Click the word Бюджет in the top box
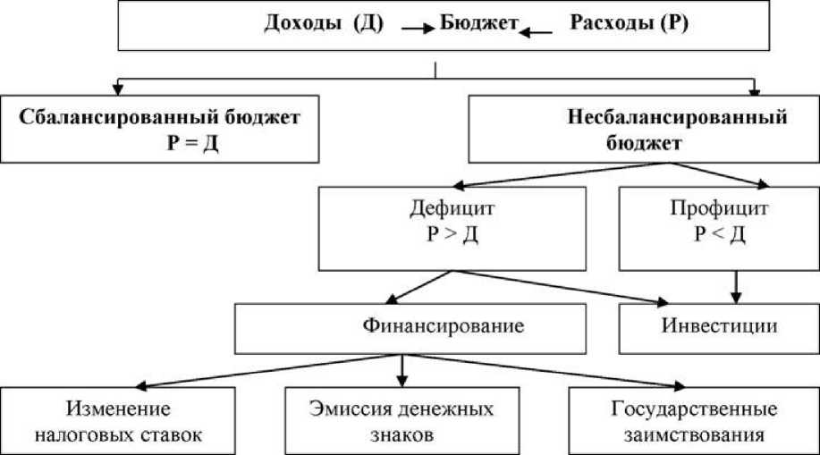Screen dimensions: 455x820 click(479, 25)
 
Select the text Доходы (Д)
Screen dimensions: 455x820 click(324, 25)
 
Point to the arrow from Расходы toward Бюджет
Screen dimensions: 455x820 click(537, 31)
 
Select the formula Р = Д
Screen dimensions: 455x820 click(192, 140)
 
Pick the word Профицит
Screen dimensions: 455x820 click(708, 211)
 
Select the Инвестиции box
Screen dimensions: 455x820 click(719, 327)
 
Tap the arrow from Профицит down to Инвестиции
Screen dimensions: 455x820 click(737, 287)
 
